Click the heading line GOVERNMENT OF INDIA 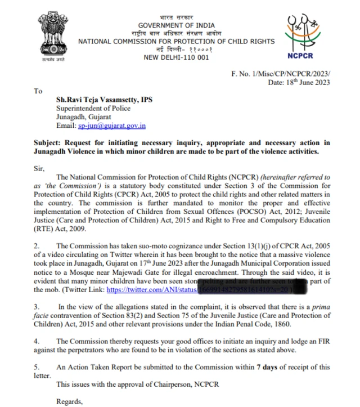tap(176, 26)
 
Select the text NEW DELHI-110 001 tap(176, 57)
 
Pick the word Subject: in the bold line tap(49, 142)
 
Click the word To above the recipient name tap(38, 91)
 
